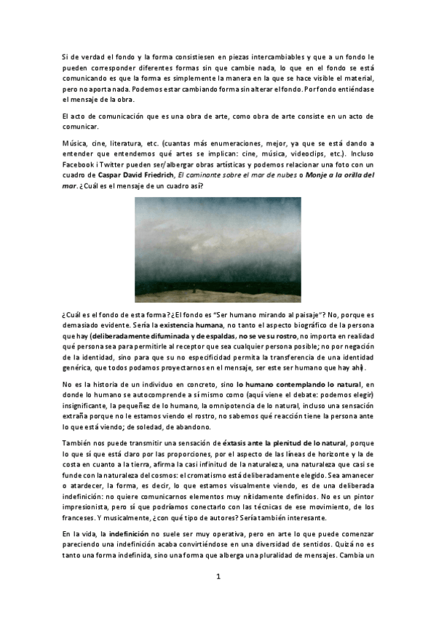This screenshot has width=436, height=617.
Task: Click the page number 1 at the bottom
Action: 217,576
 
